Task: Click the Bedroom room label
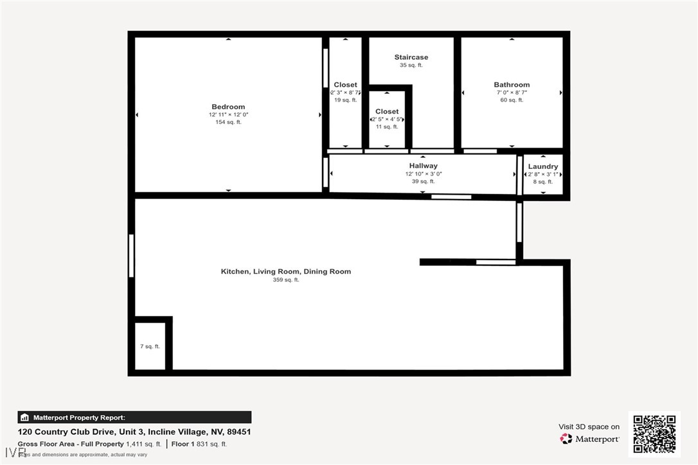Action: tap(228, 107)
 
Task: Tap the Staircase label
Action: tap(411, 57)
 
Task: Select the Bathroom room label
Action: tap(512, 85)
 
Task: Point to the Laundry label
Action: tap(543, 166)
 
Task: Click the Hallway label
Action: tap(423, 166)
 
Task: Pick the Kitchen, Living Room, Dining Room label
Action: tap(286, 272)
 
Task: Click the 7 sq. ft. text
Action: tap(150, 346)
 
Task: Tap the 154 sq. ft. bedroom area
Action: tap(228, 122)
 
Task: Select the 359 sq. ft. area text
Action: tap(286, 280)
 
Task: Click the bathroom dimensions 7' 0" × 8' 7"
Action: tap(512, 92)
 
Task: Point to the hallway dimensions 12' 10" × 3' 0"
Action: tap(423, 174)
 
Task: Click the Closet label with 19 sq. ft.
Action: tap(345, 85)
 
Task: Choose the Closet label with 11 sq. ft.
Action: tap(387, 112)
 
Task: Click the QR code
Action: tap(654, 434)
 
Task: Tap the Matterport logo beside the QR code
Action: tap(566, 439)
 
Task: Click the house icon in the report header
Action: tap(24, 417)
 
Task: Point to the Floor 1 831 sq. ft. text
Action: tap(200, 444)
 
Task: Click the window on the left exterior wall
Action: tap(131, 256)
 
